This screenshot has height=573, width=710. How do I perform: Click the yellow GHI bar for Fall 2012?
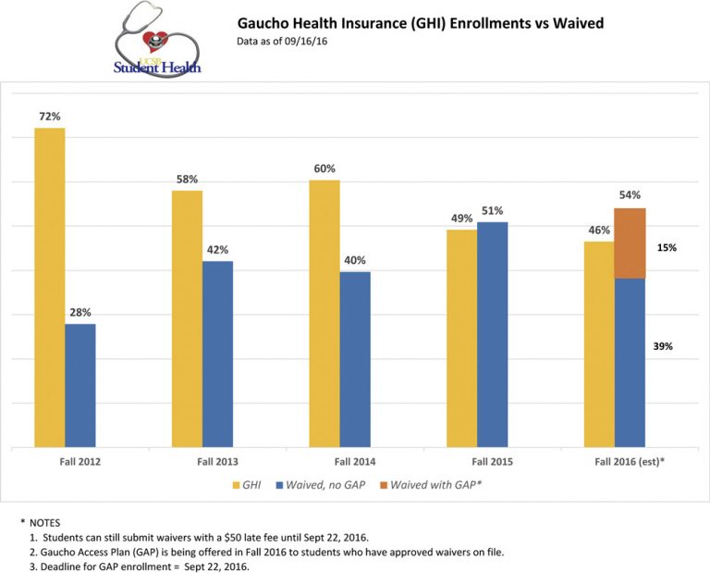pyautogui.click(x=50, y=287)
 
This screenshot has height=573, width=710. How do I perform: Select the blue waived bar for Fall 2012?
pyautogui.click(x=80, y=385)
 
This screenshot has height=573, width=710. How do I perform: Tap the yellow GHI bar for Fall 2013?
pyautogui.click(x=187, y=318)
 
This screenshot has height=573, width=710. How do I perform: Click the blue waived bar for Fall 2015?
pyautogui.click(x=492, y=334)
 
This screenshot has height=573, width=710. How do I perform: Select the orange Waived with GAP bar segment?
pyautogui.click(x=630, y=243)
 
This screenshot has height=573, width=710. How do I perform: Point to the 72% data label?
pyautogui.click(x=49, y=117)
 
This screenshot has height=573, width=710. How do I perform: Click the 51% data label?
pyautogui.click(x=493, y=210)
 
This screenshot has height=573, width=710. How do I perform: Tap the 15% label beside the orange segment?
pyautogui.click(x=667, y=248)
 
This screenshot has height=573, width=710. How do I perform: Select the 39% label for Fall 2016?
pyautogui.click(x=662, y=346)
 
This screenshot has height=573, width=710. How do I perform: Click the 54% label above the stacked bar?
pyautogui.click(x=630, y=195)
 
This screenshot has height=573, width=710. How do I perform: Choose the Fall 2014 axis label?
pyautogui.click(x=355, y=461)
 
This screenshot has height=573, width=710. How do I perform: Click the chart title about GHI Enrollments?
pyautogui.click(x=421, y=22)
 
